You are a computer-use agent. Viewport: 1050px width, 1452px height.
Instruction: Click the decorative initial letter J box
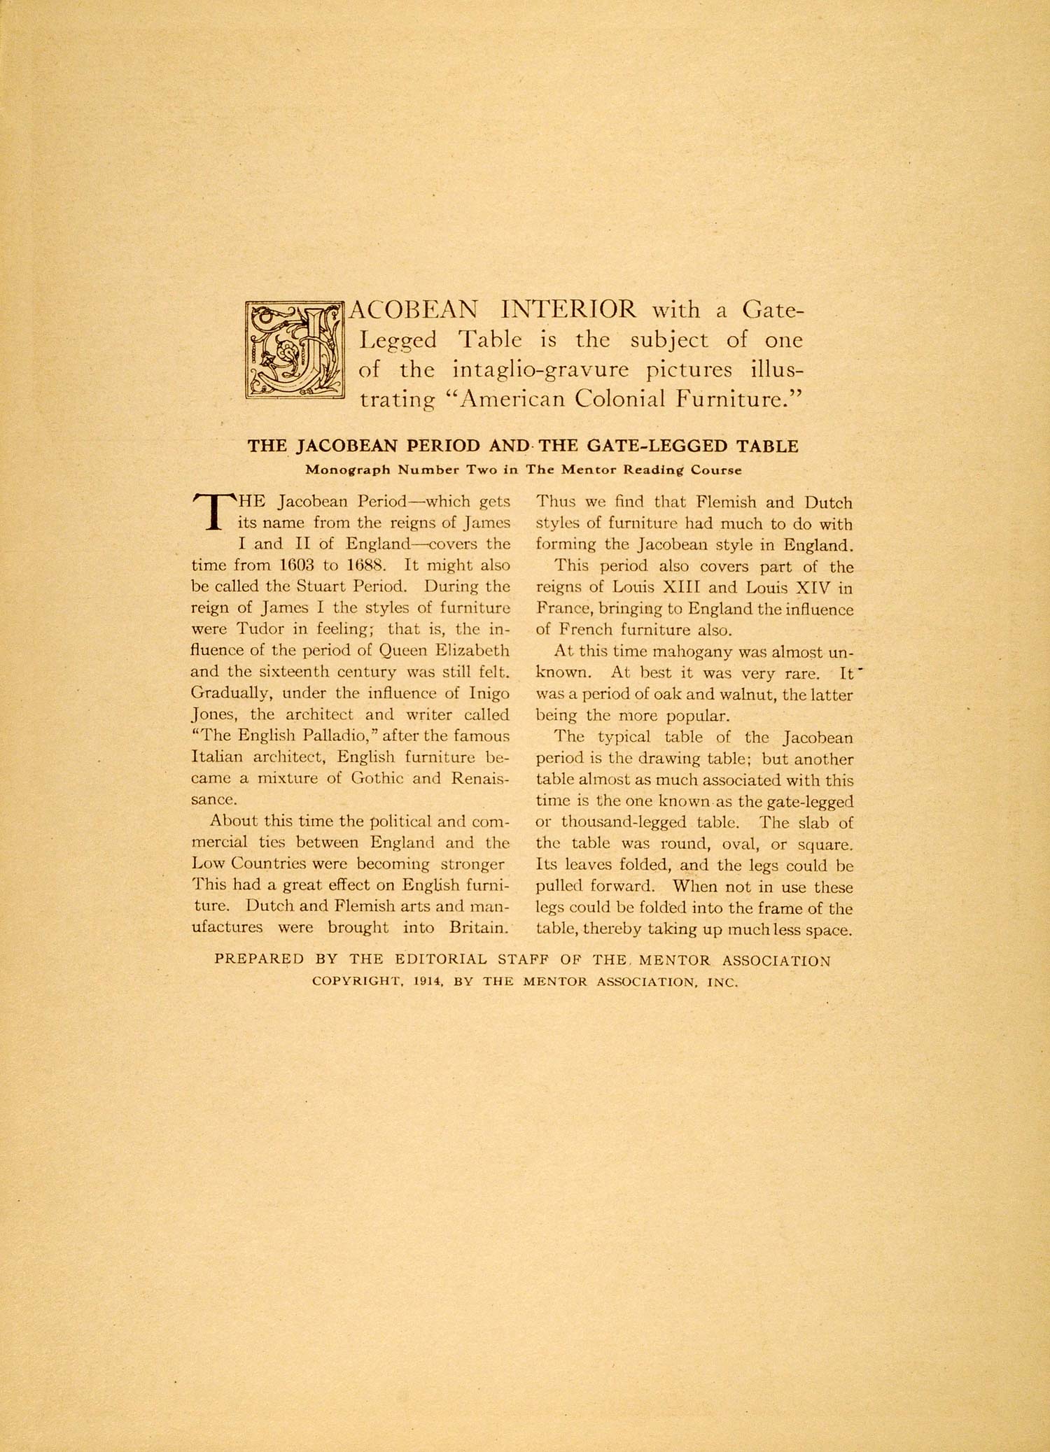pos(295,350)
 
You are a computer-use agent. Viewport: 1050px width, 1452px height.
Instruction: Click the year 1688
pos(369,565)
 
